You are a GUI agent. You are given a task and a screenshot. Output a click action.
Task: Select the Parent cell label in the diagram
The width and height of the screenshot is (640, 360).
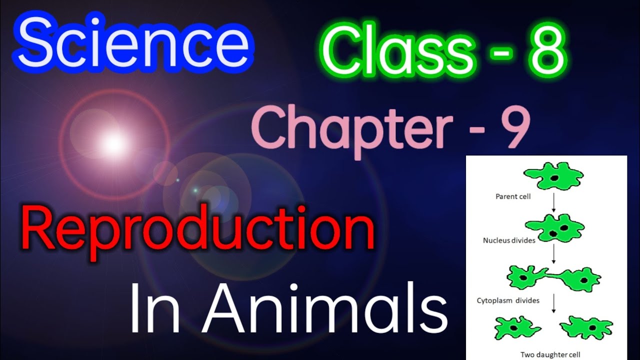tap(513, 196)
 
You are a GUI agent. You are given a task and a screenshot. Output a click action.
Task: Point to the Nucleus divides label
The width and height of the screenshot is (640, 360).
tap(509, 240)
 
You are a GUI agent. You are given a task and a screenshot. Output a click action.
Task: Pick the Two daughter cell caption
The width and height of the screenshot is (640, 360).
tap(550, 354)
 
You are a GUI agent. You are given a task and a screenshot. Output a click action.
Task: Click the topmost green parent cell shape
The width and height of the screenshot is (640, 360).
tap(553, 175)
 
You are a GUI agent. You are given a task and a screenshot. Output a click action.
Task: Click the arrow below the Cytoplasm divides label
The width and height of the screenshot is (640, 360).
tap(554, 306)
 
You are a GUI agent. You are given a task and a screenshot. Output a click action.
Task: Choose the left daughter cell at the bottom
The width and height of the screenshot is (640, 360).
tap(517, 328)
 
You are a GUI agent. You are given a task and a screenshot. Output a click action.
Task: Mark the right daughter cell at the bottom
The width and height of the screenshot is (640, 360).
tap(586, 328)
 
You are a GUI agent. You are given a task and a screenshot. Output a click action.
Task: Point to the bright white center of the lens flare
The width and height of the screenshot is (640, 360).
tap(114, 143)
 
